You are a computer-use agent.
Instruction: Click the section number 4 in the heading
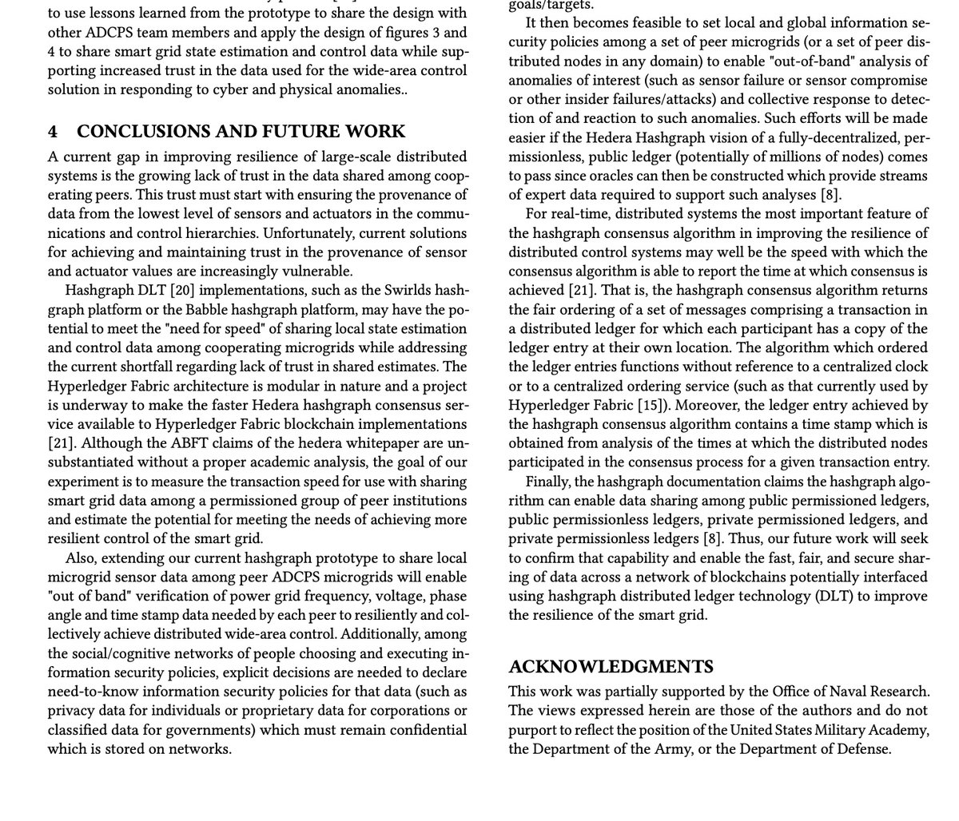53,132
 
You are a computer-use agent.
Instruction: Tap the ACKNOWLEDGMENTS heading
611,666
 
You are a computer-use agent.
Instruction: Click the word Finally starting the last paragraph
549,482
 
